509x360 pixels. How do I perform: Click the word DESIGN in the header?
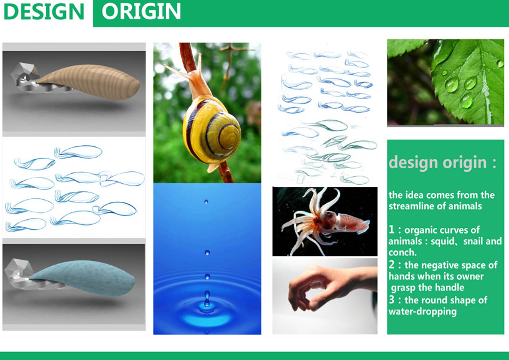[44, 11]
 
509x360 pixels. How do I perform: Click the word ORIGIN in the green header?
[141, 11]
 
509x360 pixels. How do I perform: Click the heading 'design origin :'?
[442, 163]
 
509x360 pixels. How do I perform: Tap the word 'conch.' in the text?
[402, 252]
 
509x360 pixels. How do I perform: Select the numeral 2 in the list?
[391, 265]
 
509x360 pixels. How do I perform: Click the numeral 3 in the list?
[391, 300]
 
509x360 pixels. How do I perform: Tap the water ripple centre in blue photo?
[207, 303]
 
